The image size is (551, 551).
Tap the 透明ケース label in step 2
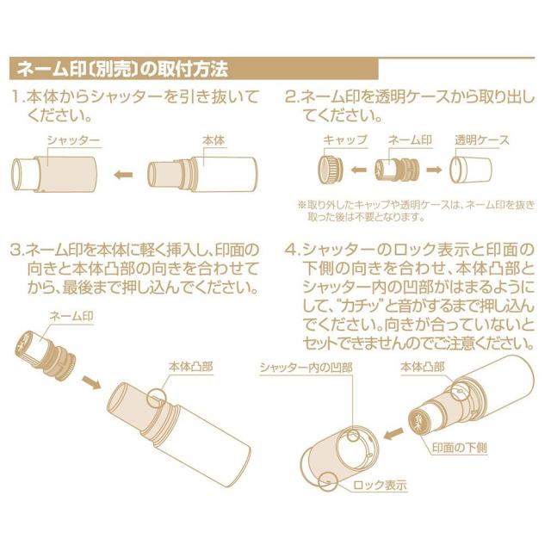(x=482, y=139)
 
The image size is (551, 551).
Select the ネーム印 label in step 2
(x=409, y=139)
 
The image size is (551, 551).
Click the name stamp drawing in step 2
(x=398, y=170)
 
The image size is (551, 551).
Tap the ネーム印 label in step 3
(x=71, y=317)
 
